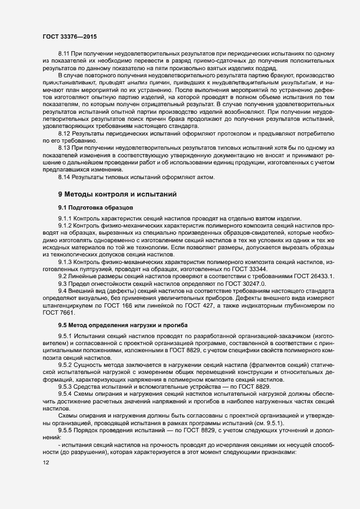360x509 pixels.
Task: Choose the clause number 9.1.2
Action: pyautogui.click(x=67, y=225)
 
